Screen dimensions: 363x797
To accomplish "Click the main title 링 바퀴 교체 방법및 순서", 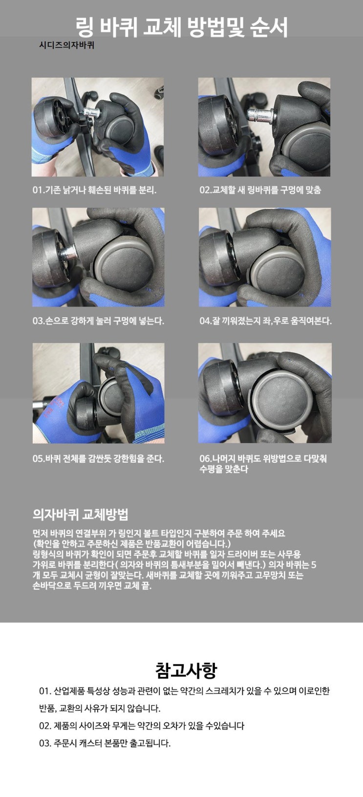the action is [x=181, y=27].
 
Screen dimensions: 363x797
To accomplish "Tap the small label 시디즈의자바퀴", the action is [x=66, y=45].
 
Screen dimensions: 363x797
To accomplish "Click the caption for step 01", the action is [x=94, y=190].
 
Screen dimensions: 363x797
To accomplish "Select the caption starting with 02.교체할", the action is [x=260, y=190].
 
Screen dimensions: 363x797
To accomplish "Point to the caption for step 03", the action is [x=98, y=321].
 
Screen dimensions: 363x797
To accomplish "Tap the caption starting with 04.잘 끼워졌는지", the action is [x=265, y=321].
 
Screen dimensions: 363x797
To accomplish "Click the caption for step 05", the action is [x=98, y=458].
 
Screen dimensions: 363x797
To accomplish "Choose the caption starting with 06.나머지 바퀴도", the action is [x=263, y=464].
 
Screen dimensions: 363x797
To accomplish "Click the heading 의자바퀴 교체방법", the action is [x=80, y=514].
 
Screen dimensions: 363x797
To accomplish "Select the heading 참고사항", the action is [x=186, y=671].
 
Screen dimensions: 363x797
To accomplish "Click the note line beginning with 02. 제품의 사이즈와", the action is [x=142, y=725].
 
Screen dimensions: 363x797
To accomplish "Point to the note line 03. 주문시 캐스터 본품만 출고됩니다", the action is [x=105, y=743].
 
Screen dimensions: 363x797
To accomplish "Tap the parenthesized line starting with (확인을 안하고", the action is [x=132, y=544].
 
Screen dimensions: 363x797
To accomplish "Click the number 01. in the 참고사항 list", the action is [x=45, y=691].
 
